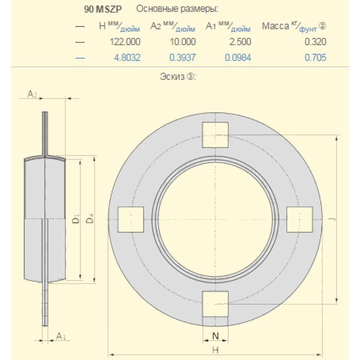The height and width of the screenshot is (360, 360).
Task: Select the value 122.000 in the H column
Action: tap(125, 42)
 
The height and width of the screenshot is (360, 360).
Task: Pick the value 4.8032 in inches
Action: tap(127, 58)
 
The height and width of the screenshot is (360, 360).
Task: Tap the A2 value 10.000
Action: tap(183, 42)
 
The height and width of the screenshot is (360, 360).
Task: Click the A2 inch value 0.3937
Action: tap(183, 58)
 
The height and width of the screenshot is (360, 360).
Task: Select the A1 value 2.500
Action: tap(240, 42)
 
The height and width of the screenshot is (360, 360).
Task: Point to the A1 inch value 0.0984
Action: tap(238, 58)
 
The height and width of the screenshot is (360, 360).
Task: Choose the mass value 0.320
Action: tap(315, 42)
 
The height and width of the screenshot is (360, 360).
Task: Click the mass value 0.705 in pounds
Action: tap(315, 58)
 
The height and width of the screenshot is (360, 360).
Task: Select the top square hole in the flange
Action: tap(215, 135)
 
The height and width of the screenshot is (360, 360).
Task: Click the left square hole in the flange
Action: tap(131, 219)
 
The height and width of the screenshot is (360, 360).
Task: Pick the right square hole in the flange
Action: tap(300, 219)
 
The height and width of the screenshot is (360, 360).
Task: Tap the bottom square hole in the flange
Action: tap(215, 304)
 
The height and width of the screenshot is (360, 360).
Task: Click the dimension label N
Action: tap(215, 336)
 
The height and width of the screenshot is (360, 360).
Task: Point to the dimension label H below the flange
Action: tap(215, 349)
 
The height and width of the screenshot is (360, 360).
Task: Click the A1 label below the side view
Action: tap(61, 336)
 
